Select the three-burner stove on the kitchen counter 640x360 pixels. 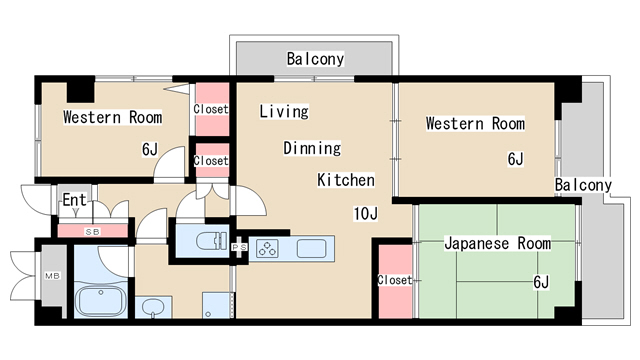tap(269, 249)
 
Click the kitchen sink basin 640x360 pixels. tap(309, 249)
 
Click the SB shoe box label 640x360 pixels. tap(92, 232)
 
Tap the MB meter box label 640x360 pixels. tap(50, 277)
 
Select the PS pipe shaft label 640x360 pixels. tap(240, 247)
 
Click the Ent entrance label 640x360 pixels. tap(74, 200)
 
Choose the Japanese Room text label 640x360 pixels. tap(496, 243)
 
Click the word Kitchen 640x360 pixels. tap(345, 180)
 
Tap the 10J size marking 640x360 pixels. tap(364, 213)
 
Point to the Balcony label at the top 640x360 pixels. tap(315, 59)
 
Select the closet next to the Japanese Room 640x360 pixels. tap(394, 280)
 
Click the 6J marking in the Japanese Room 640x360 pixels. tap(541, 282)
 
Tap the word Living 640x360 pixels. tap(283, 111)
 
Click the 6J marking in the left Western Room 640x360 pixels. tap(150, 150)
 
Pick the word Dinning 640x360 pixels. tap(311, 148)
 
